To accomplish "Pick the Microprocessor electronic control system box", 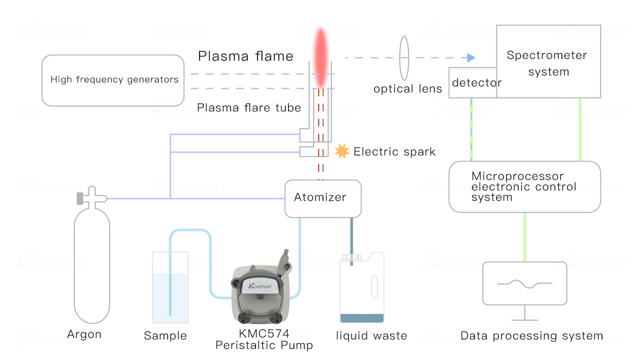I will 524,187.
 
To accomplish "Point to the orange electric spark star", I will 342,151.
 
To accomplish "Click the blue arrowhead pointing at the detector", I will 470,57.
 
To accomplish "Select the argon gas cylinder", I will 91,265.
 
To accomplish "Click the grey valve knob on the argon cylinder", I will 80,198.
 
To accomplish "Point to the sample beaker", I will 170,295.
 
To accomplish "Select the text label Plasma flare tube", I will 248,107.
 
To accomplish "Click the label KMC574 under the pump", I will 264,334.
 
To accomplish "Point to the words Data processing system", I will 531,336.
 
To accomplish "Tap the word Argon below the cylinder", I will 84,334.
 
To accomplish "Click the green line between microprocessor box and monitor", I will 524,236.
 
